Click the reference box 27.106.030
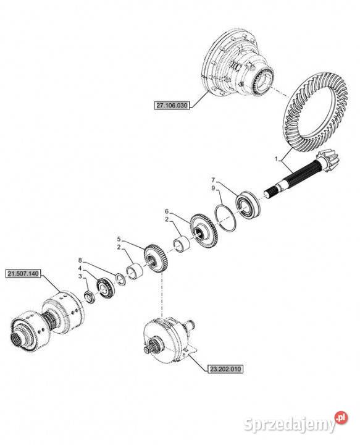point(172,106)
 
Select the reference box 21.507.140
point(24,274)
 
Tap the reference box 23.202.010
point(225,369)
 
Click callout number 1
point(276,159)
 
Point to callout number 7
point(214,180)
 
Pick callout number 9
point(213,188)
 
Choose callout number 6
point(167,211)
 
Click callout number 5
point(119,239)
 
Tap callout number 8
point(80,260)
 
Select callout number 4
point(80,268)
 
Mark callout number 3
point(80,276)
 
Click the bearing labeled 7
point(248,205)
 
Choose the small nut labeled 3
point(90,297)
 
